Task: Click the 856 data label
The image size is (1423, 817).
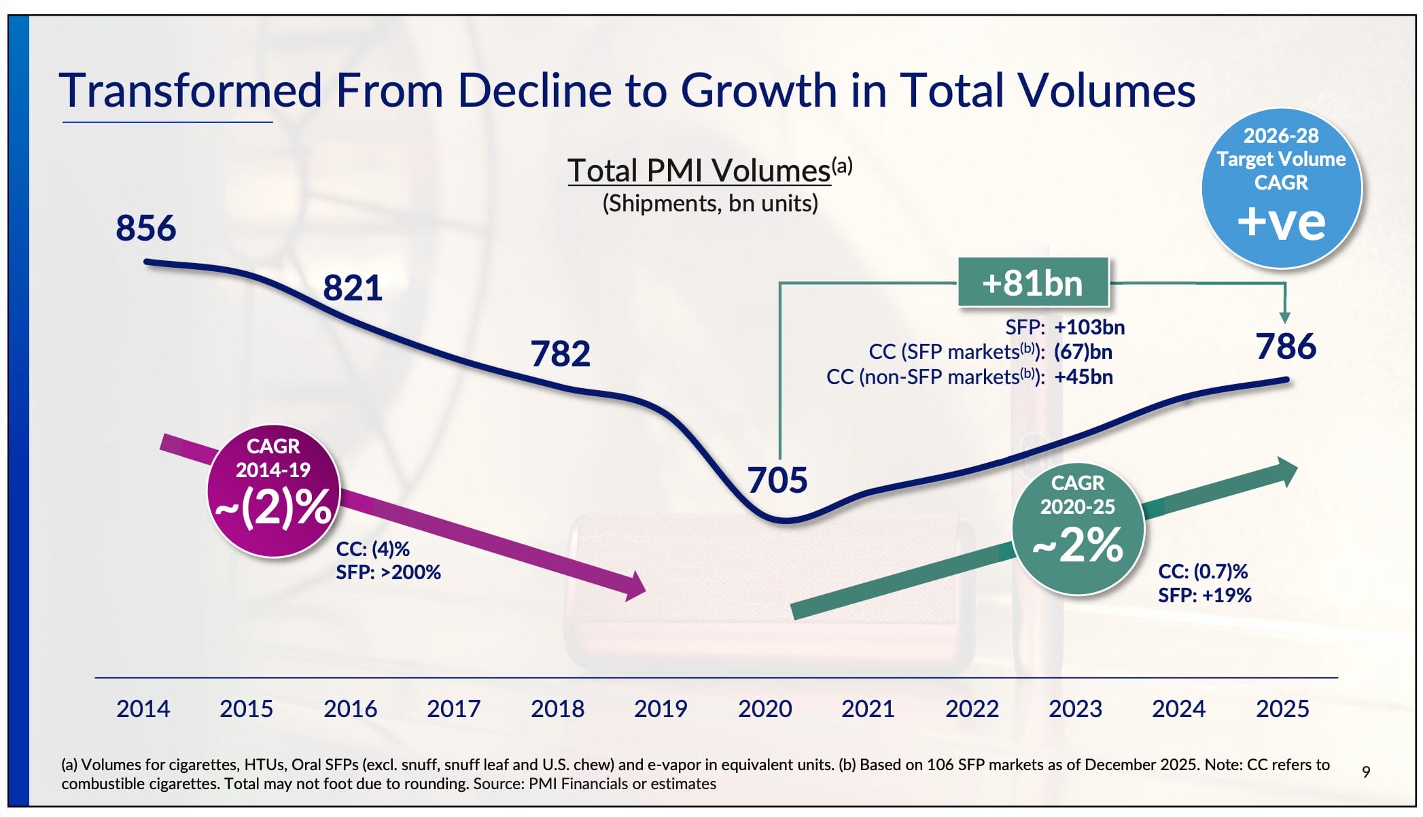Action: (x=146, y=228)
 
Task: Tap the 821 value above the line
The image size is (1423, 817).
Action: (x=353, y=288)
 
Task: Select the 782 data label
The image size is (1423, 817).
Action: (x=561, y=354)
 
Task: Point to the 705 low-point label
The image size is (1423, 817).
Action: (x=777, y=481)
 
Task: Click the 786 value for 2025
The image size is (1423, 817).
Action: (x=1286, y=347)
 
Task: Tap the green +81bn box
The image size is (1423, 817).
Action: (x=1033, y=283)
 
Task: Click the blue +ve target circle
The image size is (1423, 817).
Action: (x=1281, y=188)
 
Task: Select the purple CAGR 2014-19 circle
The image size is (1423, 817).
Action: (x=273, y=491)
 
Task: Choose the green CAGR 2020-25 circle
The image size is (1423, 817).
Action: (x=1078, y=528)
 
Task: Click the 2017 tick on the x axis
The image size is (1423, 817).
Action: (x=453, y=709)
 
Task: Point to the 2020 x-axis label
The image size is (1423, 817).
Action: (x=765, y=709)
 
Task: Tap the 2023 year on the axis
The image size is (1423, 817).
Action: (x=1075, y=709)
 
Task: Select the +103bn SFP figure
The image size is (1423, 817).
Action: (x=1089, y=328)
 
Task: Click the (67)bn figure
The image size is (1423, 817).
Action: (x=1083, y=352)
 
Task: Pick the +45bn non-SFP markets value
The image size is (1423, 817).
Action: (x=1083, y=377)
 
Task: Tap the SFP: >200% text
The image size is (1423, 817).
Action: (x=389, y=572)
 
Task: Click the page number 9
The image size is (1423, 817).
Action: (x=1366, y=772)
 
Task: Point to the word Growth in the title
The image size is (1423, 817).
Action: (x=758, y=90)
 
